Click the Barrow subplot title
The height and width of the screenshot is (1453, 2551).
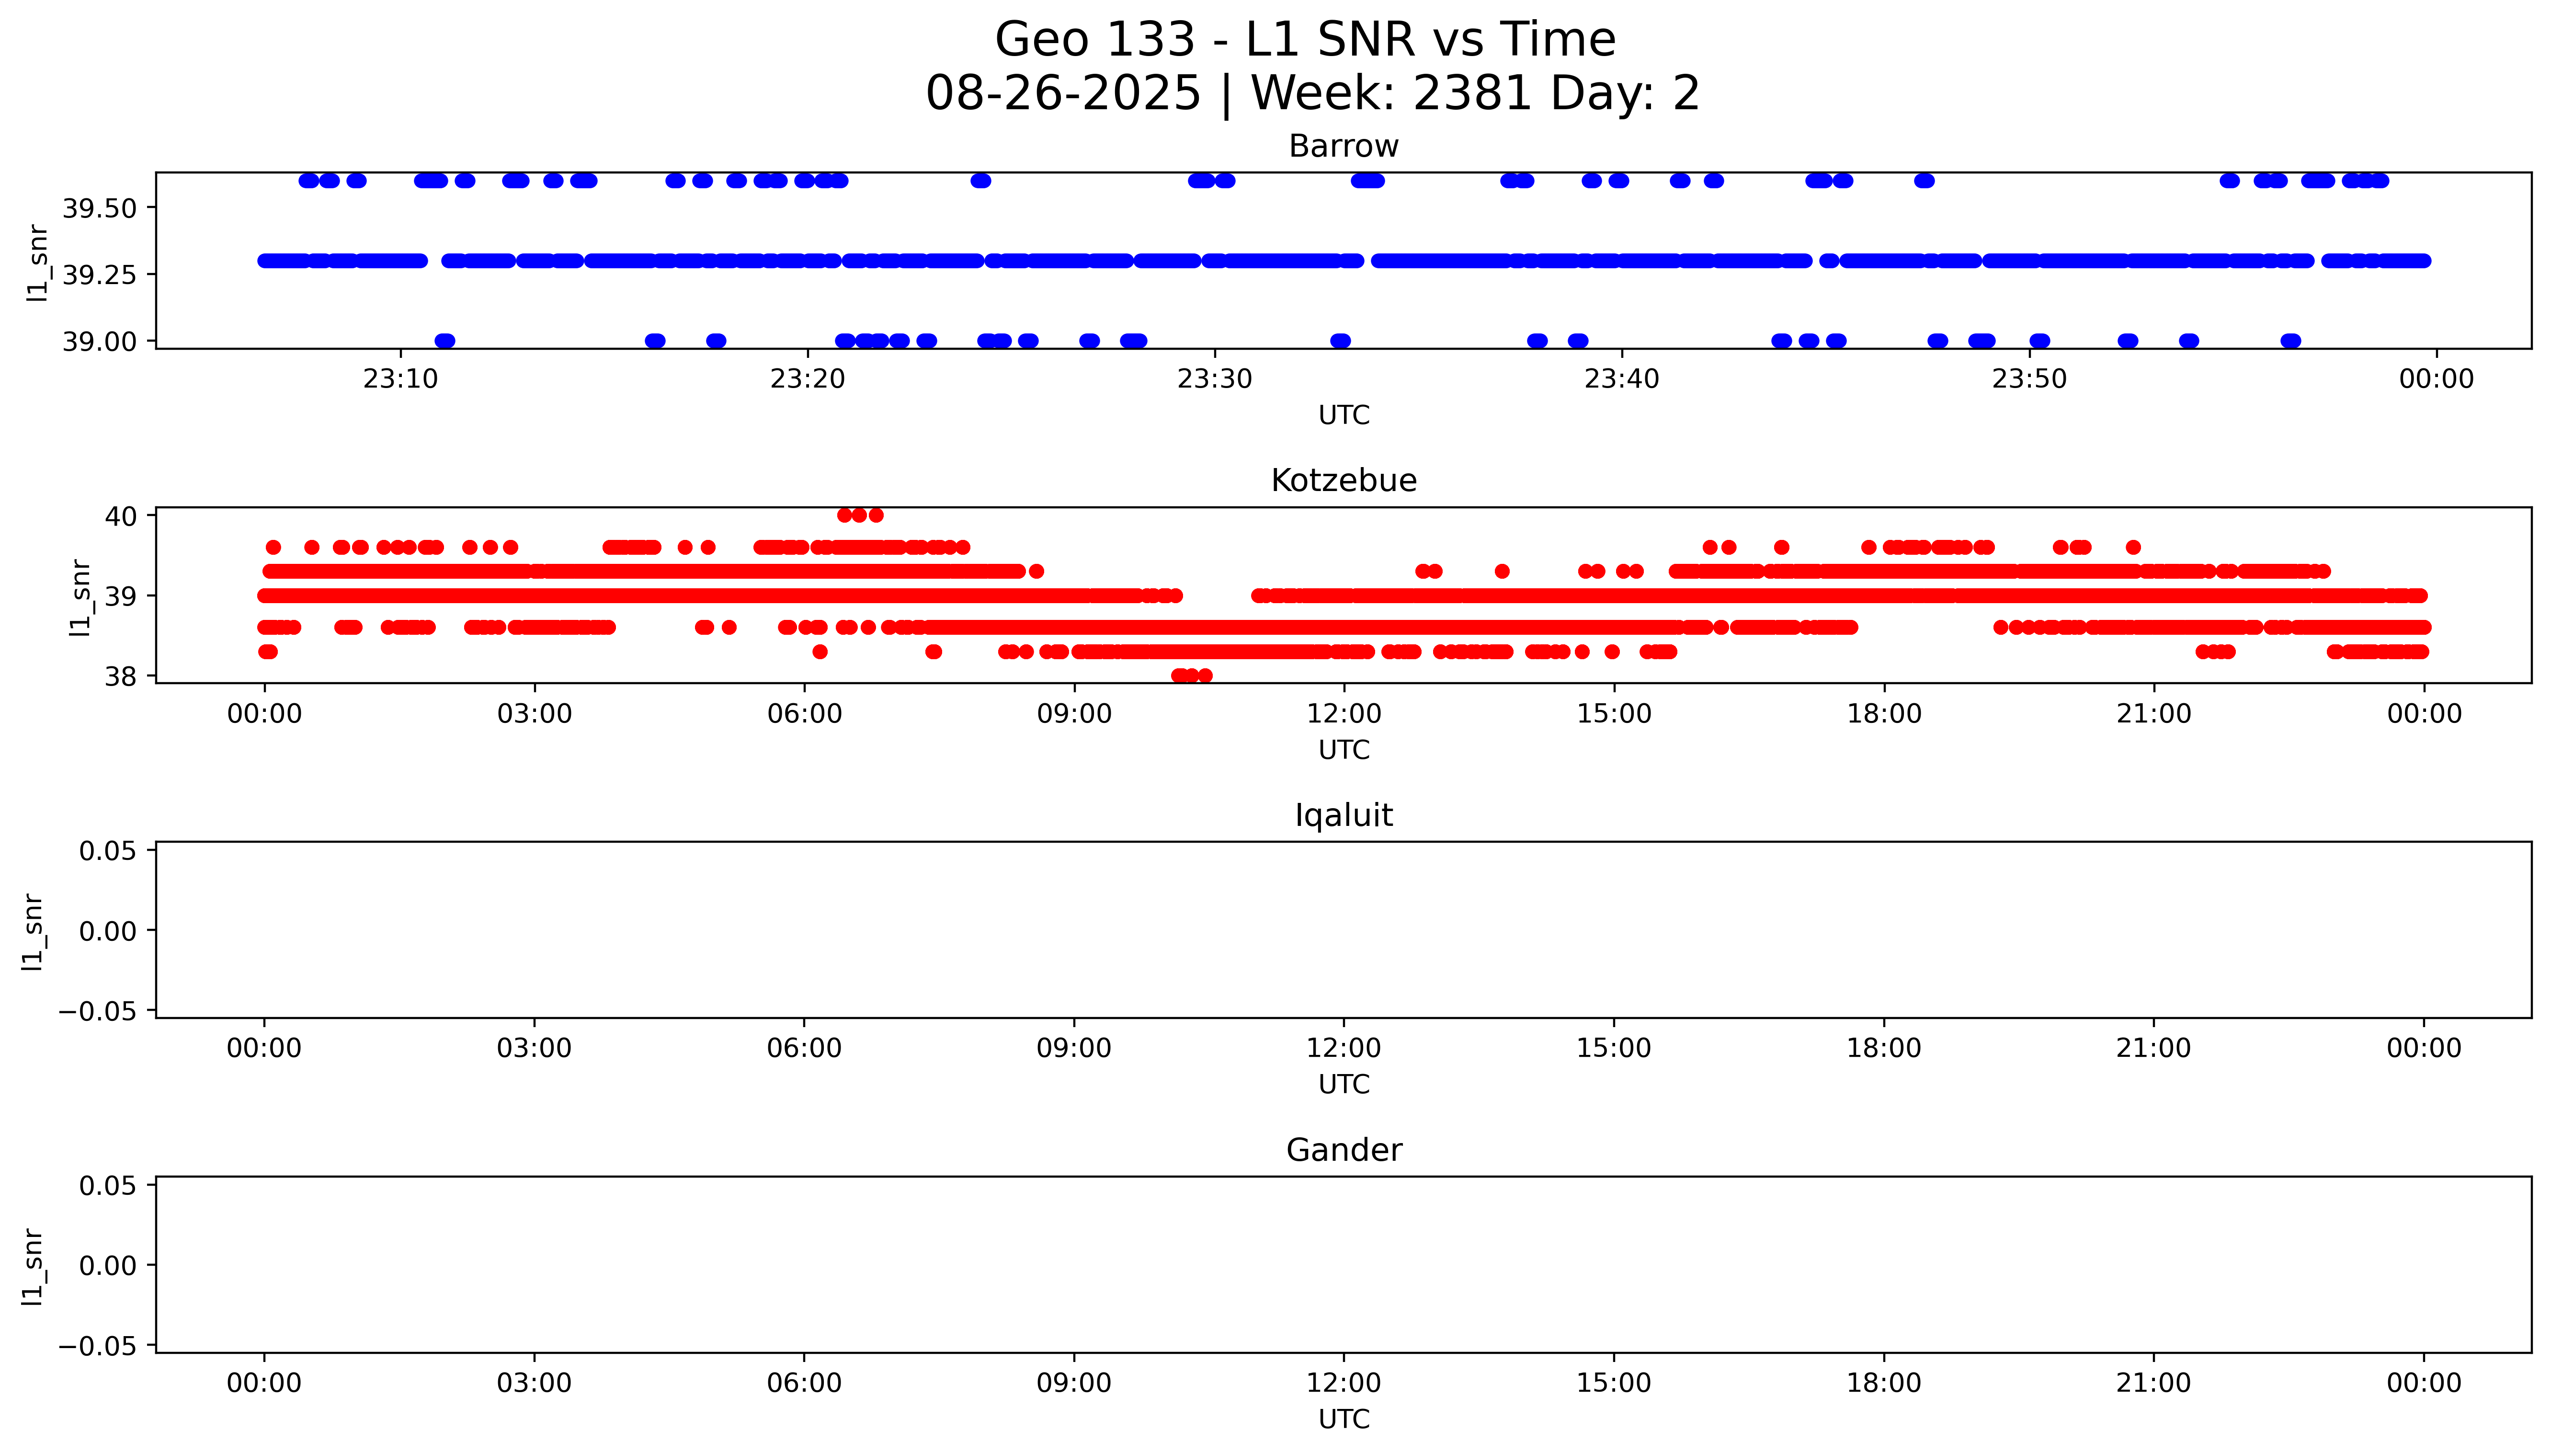(x=1343, y=147)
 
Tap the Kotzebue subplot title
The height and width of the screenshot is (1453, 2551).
(x=1343, y=481)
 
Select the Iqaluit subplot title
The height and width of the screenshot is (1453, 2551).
(x=1343, y=815)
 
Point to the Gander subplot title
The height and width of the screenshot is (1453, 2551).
(x=1343, y=1151)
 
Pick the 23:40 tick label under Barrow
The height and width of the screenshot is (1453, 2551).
(x=1622, y=379)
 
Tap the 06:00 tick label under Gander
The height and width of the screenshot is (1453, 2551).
(x=804, y=1383)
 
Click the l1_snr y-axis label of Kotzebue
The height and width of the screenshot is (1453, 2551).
(x=80, y=597)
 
